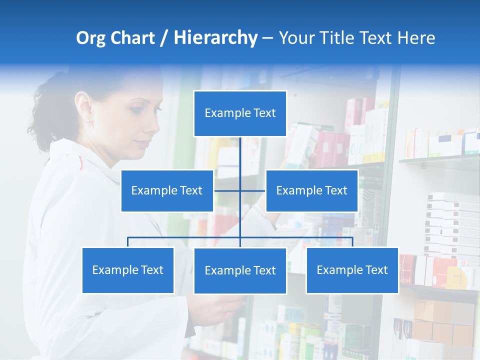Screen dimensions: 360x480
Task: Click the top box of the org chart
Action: click(x=240, y=113)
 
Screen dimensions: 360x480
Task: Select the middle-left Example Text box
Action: click(x=167, y=190)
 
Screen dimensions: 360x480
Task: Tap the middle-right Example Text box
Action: click(x=311, y=190)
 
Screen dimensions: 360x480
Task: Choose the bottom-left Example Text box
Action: click(x=128, y=270)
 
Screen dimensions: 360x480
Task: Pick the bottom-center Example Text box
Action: click(x=240, y=270)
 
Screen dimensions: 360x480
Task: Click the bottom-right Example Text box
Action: click(x=352, y=270)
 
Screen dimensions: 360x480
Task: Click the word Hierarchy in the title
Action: click(x=215, y=38)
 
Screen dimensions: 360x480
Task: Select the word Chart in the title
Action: click(x=132, y=38)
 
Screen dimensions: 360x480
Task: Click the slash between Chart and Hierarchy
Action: click(x=163, y=38)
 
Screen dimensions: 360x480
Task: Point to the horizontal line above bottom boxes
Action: click(x=200, y=237)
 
